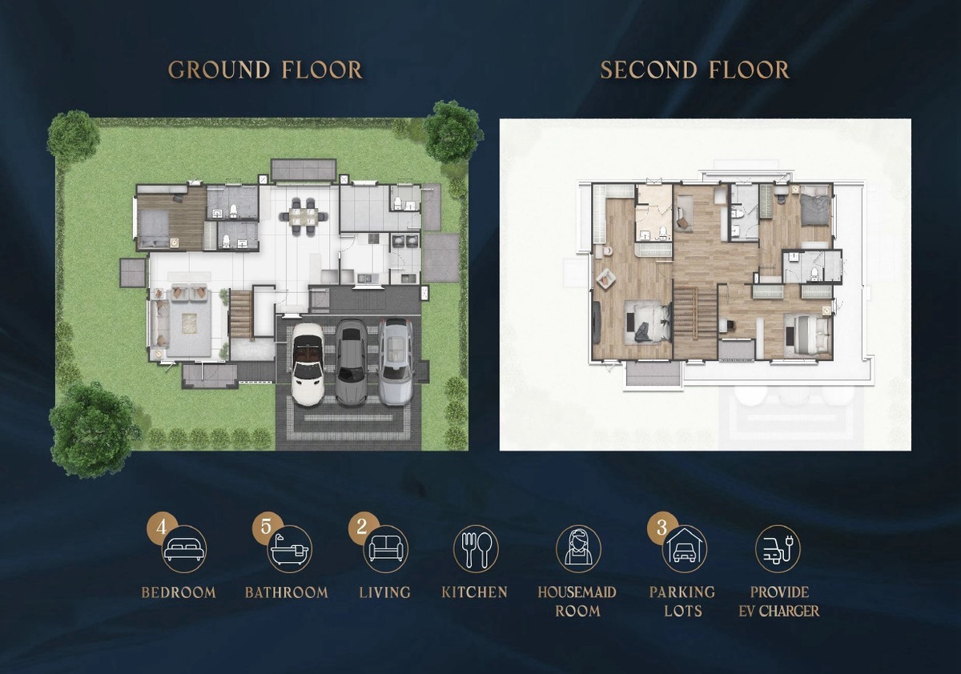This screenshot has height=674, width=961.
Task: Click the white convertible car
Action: tap(308, 364)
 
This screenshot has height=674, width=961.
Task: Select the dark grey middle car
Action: tap(351, 363)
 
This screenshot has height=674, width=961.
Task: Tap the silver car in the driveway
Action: tap(396, 362)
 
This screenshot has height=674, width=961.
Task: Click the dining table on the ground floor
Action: tap(303, 215)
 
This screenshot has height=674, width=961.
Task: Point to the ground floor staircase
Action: tap(241, 315)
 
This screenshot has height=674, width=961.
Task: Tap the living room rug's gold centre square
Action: tap(189, 323)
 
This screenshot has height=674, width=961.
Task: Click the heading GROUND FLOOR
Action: tap(265, 70)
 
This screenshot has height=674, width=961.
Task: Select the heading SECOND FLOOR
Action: tap(694, 70)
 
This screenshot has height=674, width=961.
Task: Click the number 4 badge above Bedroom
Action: tap(161, 527)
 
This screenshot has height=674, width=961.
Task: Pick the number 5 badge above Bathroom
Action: tap(267, 527)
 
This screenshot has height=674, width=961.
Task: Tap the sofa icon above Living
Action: tap(386, 549)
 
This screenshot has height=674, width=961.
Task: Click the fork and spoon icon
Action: tap(476, 549)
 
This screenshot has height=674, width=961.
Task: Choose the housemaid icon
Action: tap(578, 549)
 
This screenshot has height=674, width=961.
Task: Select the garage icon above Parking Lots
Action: tap(684, 549)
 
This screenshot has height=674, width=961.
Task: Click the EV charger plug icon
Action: tap(778, 549)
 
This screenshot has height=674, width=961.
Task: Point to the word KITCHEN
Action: tap(474, 592)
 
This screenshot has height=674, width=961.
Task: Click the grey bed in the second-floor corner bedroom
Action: tap(815, 209)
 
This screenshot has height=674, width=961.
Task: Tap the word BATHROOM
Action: tap(287, 592)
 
